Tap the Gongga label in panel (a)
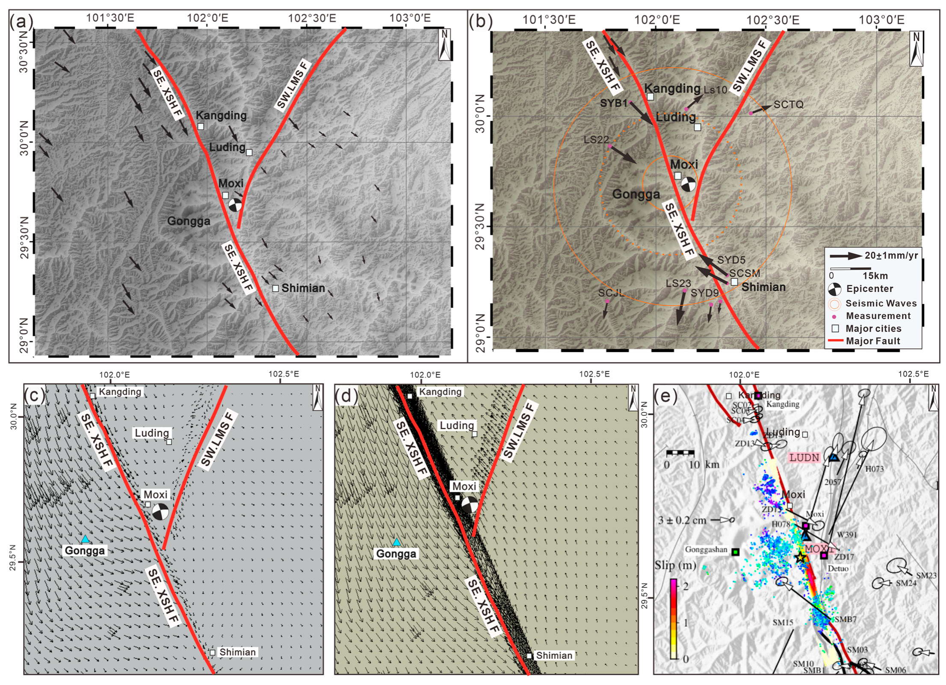[189, 221]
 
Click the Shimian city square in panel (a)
[275, 288]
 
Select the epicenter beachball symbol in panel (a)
[234, 205]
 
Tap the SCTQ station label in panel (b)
[789, 104]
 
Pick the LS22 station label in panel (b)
[596, 139]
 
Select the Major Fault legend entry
[873, 341]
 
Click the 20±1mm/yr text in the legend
[892, 255]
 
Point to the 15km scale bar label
[875, 276]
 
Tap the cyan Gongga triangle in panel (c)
[86, 539]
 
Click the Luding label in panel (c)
[152, 433]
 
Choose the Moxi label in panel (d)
[464, 486]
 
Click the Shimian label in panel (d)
[554, 655]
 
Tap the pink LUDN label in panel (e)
[804, 457]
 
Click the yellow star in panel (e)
[800, 557]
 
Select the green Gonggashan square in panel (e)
[735, 552]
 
